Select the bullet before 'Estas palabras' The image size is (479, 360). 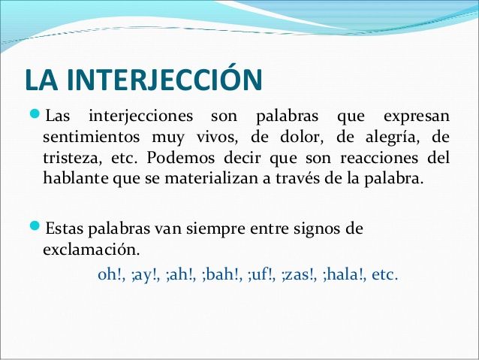point(32,227)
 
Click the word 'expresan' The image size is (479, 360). point(417,118)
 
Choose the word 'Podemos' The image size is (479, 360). point(178,159)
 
